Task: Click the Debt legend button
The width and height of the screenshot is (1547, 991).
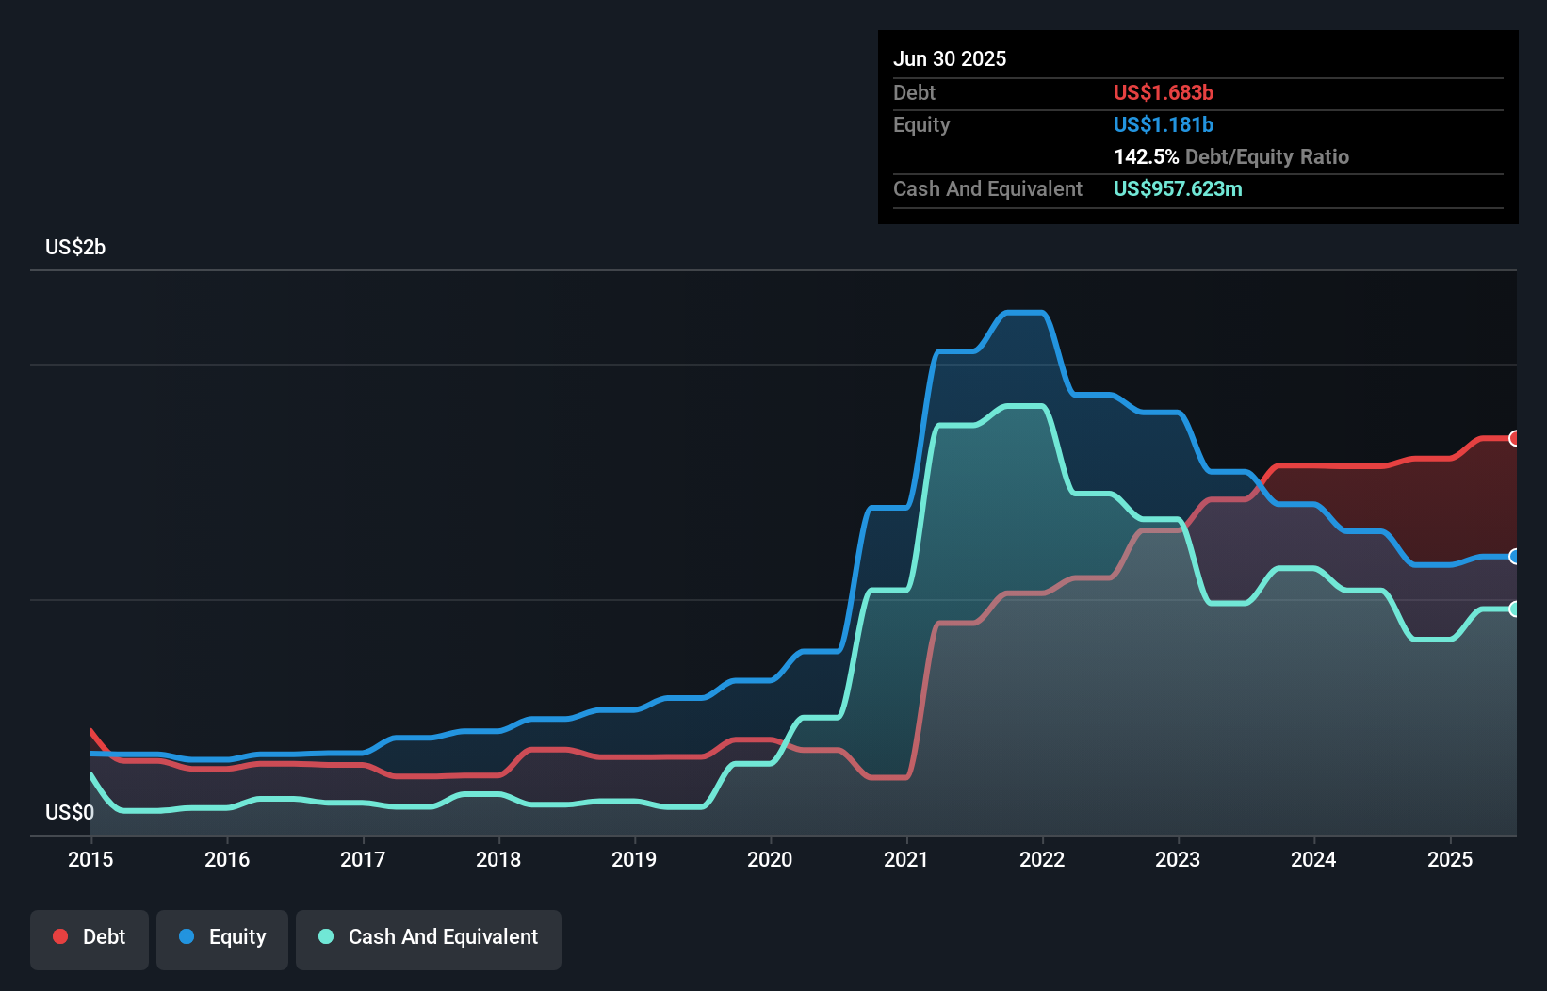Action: point(89,937)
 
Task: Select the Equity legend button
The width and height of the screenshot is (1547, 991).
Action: point(222,937)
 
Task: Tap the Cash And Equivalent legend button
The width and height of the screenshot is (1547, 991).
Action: point(429,937)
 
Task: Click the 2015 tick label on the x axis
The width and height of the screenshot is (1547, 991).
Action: point(90,859)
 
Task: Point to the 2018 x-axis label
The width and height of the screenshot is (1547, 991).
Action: point(498,859)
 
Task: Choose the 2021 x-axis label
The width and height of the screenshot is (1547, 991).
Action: point(905,859)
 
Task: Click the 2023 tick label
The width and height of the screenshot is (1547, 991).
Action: point(1178,859)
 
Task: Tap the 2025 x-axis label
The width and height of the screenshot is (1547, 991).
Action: point(1449,859)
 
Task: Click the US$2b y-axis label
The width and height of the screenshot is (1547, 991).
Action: point(75,248)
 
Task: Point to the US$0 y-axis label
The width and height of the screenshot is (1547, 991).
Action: point(70,812)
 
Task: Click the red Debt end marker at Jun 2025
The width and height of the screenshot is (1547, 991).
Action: point(1515,438)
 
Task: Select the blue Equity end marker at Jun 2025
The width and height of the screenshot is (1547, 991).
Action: point(1515,557)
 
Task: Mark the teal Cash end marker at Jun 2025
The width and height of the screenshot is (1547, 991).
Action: point(1515,609)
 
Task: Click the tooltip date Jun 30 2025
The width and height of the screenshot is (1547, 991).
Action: point(949,58)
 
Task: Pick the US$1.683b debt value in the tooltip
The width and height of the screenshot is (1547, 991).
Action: point(1163,92)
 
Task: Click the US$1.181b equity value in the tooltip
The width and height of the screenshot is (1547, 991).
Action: point(1163,124)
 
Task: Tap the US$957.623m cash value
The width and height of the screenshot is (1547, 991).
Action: point(1178,188)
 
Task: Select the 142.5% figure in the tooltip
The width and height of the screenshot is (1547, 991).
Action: point(1146,156)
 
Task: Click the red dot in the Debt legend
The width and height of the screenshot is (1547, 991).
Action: point(60,936)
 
